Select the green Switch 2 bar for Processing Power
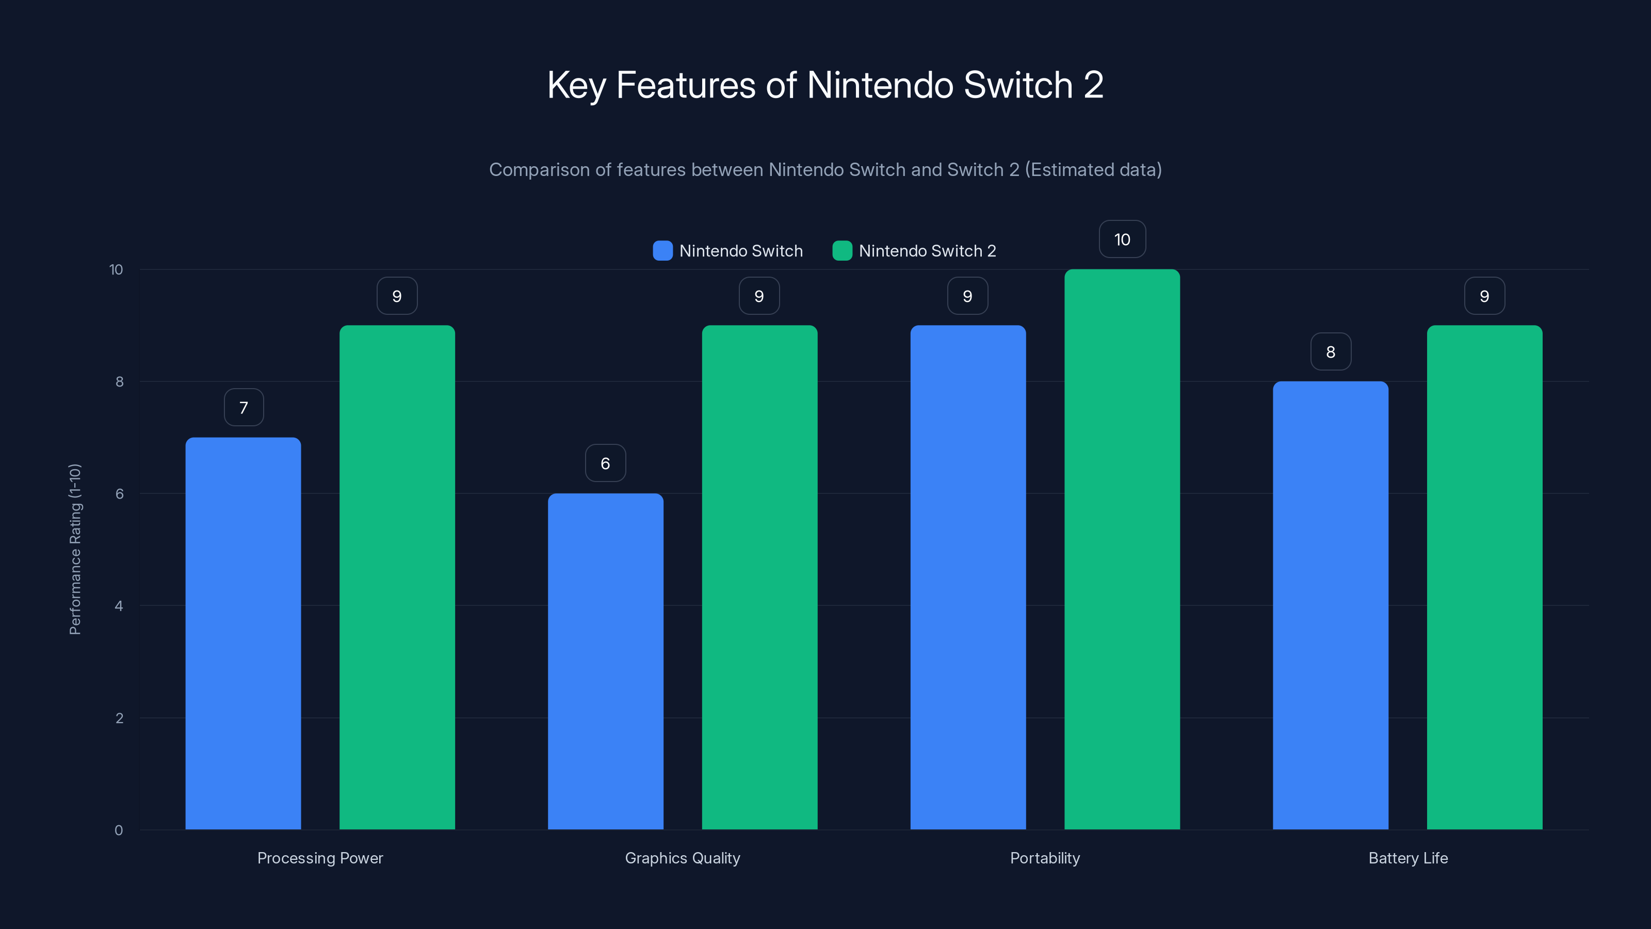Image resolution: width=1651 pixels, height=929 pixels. coord(397,577)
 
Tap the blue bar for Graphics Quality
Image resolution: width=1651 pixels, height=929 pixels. coord(605,661)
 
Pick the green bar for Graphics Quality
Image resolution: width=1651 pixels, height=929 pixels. coord(759,577)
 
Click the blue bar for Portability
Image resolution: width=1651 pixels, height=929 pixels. coord(968,577)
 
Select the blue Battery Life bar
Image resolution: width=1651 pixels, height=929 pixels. coord(1331,605)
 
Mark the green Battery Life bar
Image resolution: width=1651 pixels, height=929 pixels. coord(1484,577)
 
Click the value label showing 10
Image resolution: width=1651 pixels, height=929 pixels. coord(1122,239)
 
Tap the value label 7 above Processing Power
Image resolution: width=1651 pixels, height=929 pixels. coord(244,407)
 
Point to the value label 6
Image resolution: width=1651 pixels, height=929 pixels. coord(605,463)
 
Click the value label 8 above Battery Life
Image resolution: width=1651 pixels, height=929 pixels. coord(1331,351)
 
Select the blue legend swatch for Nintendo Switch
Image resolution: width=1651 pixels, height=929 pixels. coord(662,251)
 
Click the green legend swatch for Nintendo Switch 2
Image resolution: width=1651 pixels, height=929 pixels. coord(842,251)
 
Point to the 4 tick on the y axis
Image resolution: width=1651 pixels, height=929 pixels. coord(119,606)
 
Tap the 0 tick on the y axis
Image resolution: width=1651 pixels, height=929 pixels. coord(119,830)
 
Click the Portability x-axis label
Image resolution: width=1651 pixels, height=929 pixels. coord(1045,858)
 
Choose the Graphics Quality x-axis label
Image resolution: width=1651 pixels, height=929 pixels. coord(682,858)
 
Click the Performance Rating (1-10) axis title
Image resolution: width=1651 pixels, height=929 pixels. coord(75,550)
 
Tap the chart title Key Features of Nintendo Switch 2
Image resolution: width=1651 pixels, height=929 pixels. coord(826,85)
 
